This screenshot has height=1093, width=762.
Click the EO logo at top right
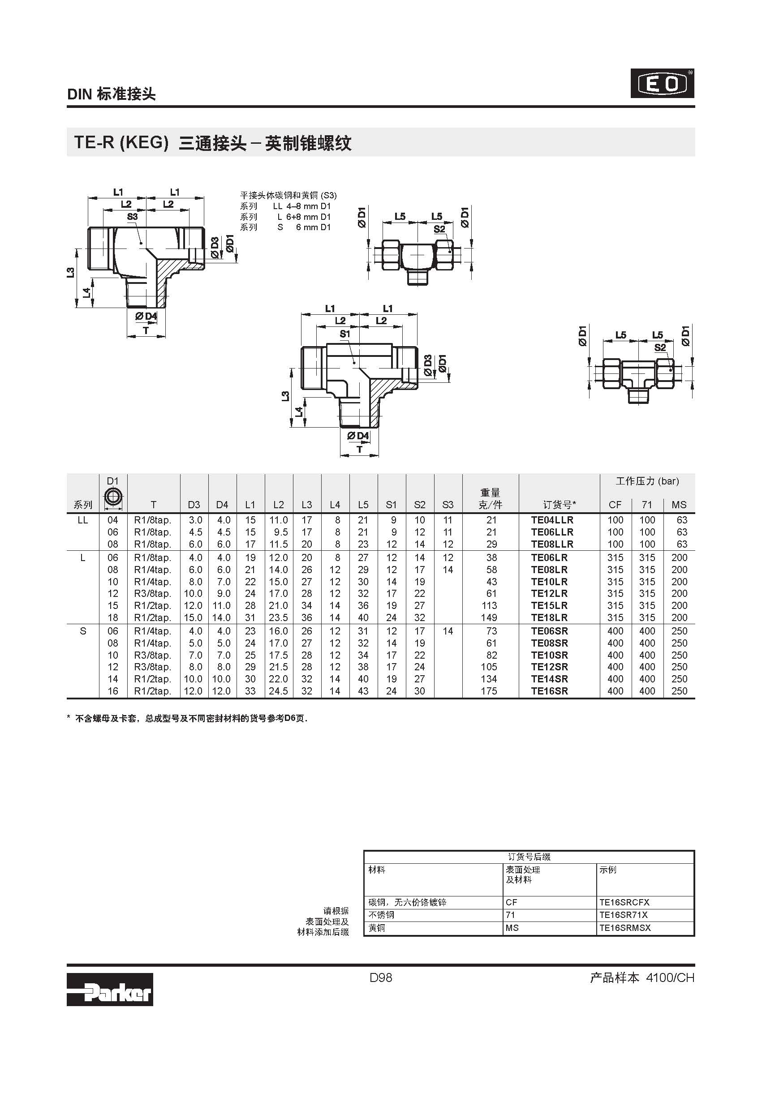662,84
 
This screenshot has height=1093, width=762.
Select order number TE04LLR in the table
552,520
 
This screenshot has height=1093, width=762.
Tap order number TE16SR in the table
550,691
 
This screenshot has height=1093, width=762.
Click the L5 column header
363,505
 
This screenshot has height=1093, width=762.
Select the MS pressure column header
679,505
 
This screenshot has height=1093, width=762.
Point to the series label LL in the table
83,520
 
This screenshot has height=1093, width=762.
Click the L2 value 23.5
278,618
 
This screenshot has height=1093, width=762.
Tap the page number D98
381,978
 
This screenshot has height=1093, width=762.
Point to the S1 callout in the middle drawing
345,334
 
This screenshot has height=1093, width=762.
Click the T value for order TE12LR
152,594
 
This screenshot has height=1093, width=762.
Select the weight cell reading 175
489,691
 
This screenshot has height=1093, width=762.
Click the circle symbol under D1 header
113,497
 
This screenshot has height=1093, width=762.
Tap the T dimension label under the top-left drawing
146,330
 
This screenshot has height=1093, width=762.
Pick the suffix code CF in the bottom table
512,902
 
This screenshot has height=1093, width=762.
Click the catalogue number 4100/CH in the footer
670,978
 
